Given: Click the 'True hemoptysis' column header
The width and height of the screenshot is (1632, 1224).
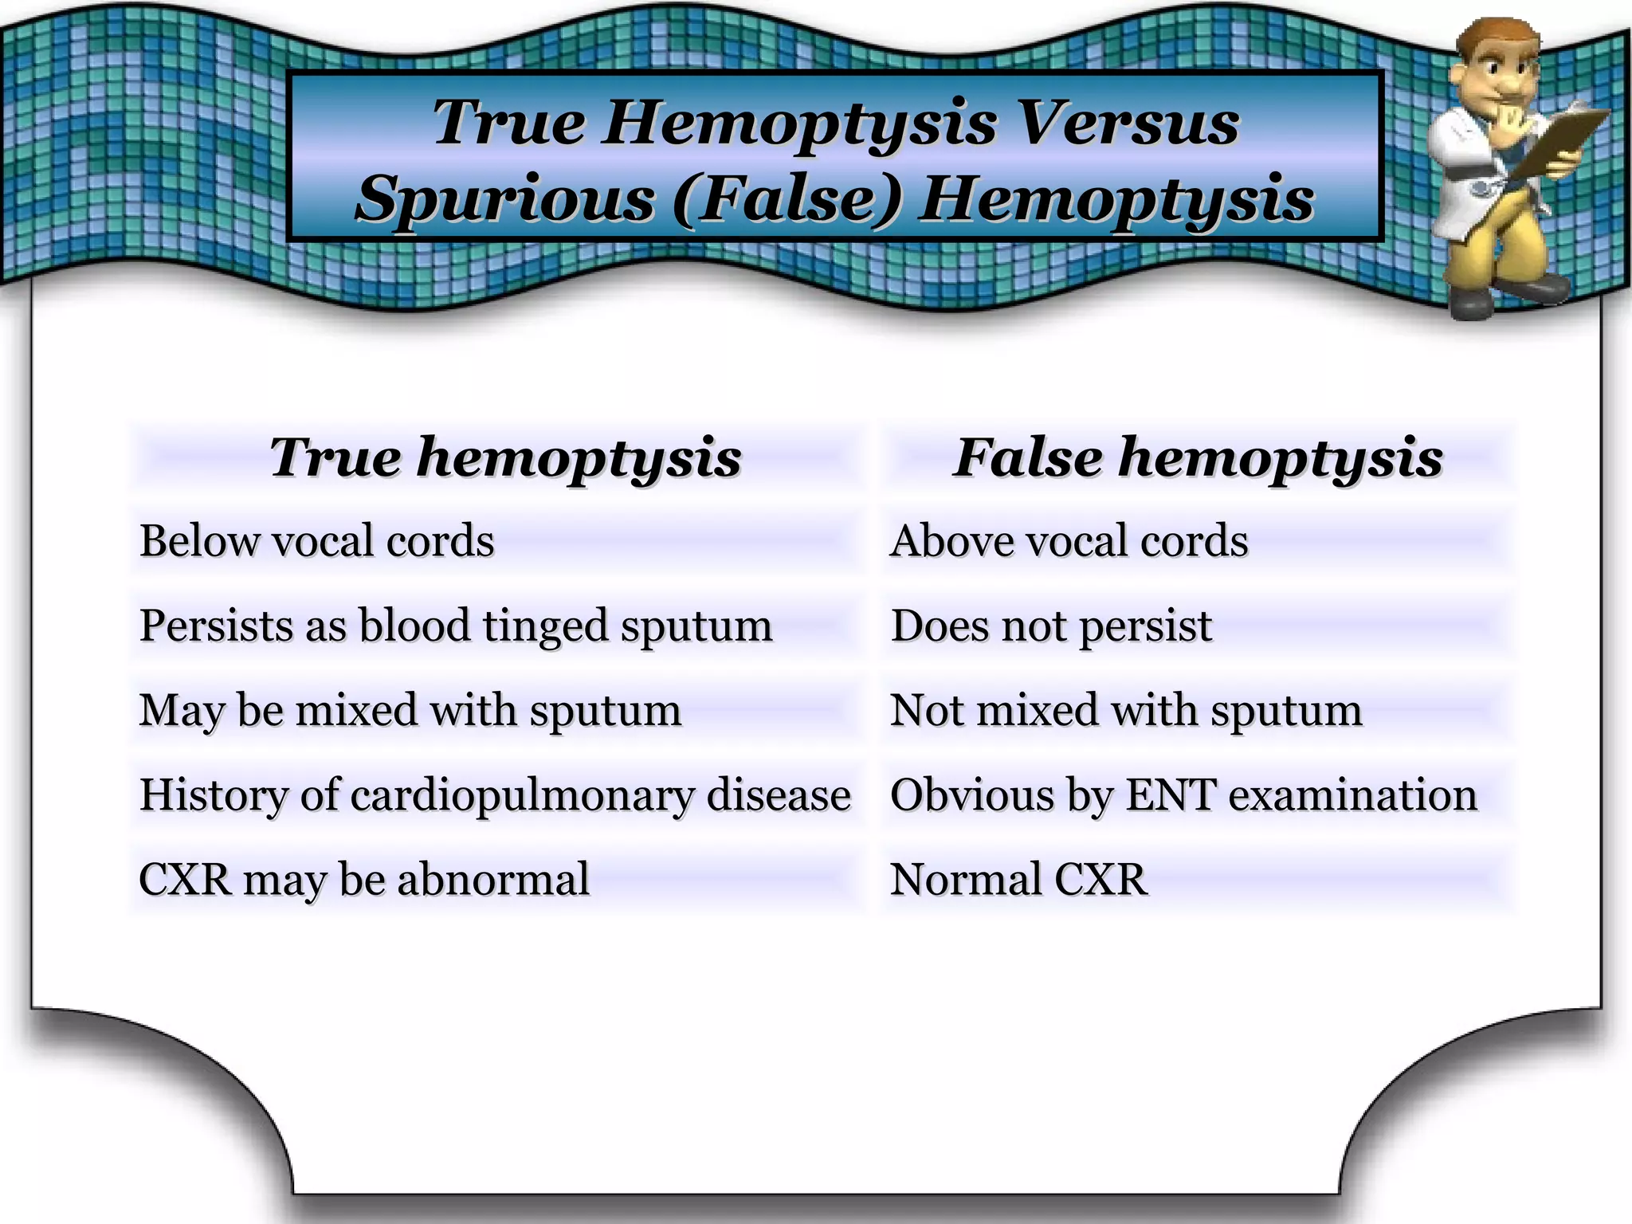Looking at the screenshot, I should (505, 458).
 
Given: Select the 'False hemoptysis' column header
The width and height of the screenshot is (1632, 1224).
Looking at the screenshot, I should (1198, 458).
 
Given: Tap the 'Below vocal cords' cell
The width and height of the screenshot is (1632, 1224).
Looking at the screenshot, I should (317, 541).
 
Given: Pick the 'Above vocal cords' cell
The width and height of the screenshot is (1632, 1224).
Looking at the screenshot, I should (1069, 541).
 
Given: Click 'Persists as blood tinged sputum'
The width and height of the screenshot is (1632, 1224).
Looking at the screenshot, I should (456, 626).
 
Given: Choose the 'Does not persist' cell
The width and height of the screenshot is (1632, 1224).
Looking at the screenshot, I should (1051, 626).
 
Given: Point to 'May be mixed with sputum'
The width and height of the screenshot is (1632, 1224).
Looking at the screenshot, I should (410, 710).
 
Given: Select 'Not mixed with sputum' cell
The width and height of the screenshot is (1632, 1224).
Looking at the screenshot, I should (1126, 710).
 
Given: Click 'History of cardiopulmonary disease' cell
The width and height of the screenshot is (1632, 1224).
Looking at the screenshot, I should (495, 795).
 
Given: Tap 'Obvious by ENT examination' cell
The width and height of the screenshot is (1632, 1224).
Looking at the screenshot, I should (1183, 795).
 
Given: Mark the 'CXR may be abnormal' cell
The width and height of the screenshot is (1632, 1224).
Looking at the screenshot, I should (364, 880).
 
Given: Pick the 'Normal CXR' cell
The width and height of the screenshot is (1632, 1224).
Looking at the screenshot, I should (1019, 880).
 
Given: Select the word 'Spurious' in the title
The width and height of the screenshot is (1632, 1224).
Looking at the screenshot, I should (505, 199).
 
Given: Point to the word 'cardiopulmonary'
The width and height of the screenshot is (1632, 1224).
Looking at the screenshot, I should (522, 795).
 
